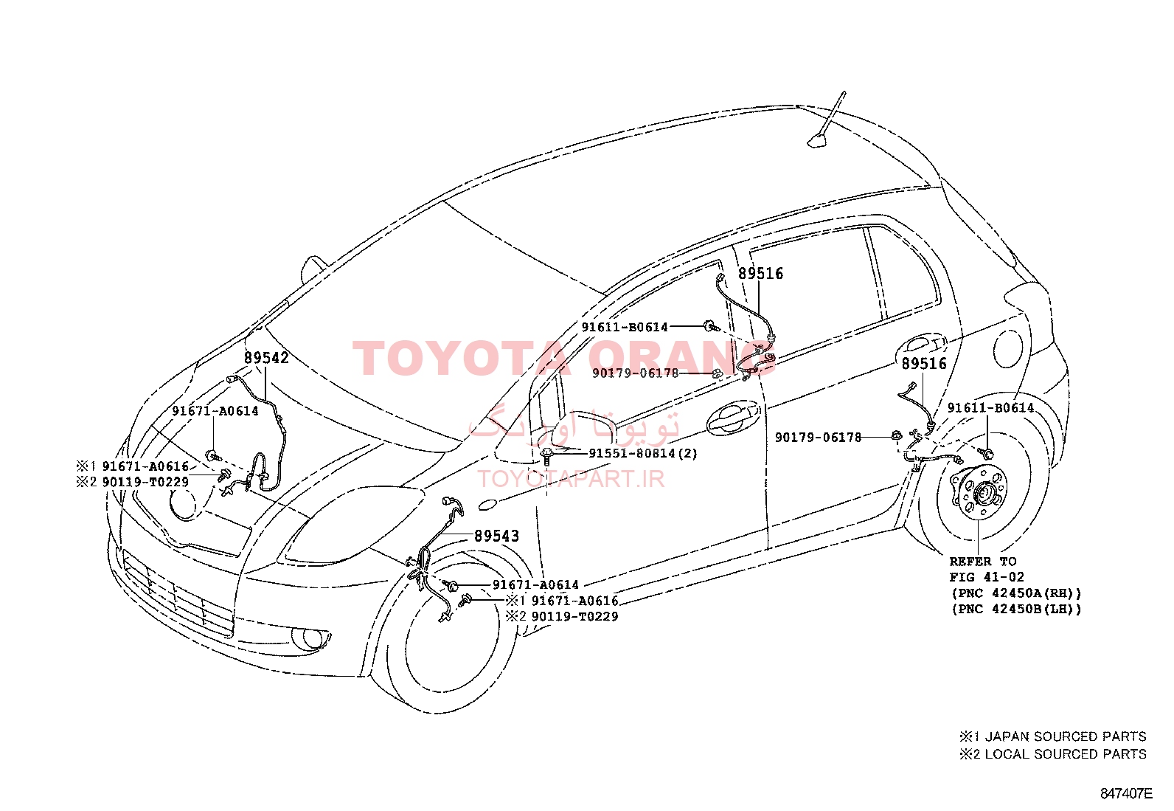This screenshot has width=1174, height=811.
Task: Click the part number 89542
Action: (x=266, y=358)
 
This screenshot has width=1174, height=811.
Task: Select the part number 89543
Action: (x=496, y=536)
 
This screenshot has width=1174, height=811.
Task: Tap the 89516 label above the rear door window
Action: (x=760, y=273)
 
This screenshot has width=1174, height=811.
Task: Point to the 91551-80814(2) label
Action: (x=643, y=453)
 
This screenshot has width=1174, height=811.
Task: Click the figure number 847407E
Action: (x=1126, y=794)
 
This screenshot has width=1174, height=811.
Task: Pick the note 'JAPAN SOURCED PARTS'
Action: (x=1066, y=736)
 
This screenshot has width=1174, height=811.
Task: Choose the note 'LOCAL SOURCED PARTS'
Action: (x=1066, y=754)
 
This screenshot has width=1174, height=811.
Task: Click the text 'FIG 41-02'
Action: (x=987, y=577)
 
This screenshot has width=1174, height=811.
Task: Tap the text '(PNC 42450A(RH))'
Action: (x=1017, y=593)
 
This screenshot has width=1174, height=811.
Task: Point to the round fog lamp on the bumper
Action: (x=310, y=638)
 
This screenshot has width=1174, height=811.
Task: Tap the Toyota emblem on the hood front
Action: (x=183, y=503)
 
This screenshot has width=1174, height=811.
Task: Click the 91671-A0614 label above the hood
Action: (x=215, y=411)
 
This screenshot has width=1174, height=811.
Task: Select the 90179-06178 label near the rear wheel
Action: (x=818, y=438)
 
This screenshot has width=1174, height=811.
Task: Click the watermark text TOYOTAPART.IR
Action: (x=571, y=479)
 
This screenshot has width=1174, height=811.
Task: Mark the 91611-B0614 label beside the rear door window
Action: (x=625, y=328)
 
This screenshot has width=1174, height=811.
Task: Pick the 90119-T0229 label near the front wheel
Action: (x=575, y=616)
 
